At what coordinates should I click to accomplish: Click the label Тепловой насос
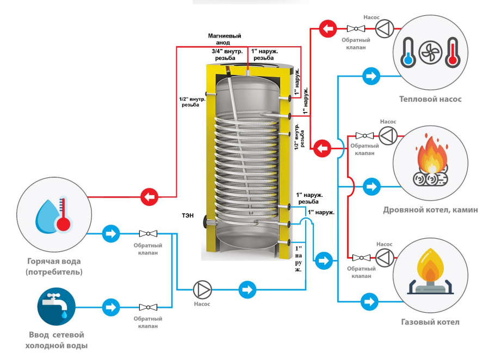pos(430,99)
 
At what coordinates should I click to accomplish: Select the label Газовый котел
pos(430,322)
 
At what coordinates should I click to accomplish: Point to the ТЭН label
pos(189,215)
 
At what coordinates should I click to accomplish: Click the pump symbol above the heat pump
pos(384,28)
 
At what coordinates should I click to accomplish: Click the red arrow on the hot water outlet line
pos(148,196)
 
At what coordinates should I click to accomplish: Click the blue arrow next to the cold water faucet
pos(110,307)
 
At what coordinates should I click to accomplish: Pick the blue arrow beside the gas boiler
pos(370,300)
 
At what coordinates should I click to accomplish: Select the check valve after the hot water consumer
pos(147,234)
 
